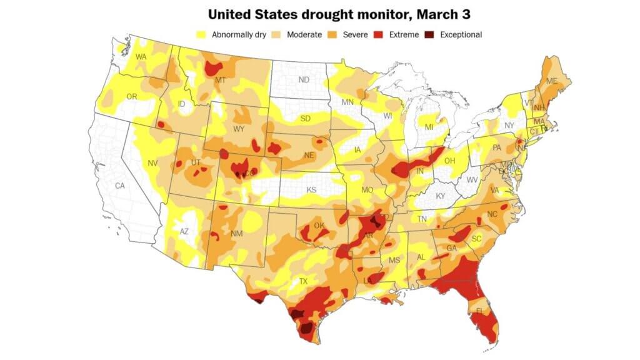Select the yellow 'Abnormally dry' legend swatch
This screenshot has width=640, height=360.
pyautogui.click(x=202, y=35)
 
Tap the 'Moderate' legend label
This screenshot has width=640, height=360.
pyautogui.click(x=304, y=35)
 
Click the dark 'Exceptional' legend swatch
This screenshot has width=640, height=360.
pyautogui.click(x=431, y=35)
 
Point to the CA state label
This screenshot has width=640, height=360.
pyautogui.click(x=120, y=186)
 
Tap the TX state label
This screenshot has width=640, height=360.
pyautogui.click(x=303, y=282)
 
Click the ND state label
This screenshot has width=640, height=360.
pyautogui.click(x=304, y=80)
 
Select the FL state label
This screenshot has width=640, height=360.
pyautogui.click(x=480, y=311)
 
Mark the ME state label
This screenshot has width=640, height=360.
pyautogui.click(x=551, y=81)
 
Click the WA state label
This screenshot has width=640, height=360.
pyautogui.click(x=141, y=57)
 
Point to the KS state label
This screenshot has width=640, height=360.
pyautogui.click(x=311, y=189)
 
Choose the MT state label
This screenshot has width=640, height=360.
pyautogui.click(x=220, y=80)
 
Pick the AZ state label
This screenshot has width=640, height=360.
pyautogui.click(x=184, y=231)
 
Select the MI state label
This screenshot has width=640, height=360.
pyautogui.click(x=429, y=127)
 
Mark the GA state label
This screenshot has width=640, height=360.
pyautogui.click(x=451, y=248)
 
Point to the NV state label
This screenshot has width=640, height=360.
pyautogui.click(x=152, y=164)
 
